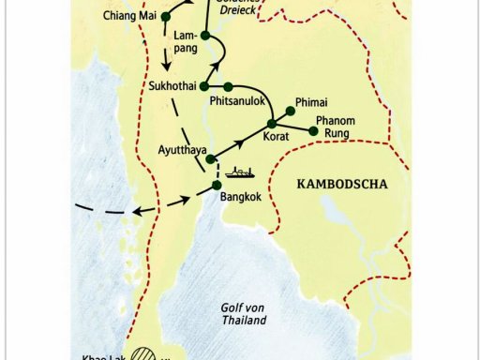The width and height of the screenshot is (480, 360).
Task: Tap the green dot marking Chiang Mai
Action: [166, 17]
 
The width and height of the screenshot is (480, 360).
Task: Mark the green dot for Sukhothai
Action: [204, 86]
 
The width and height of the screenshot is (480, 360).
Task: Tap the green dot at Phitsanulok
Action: [228, 87]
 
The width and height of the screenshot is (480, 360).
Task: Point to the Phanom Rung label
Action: [335, 127]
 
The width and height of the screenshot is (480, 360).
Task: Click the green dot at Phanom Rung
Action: [313, 130]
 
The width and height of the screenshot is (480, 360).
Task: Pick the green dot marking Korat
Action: [272, 124]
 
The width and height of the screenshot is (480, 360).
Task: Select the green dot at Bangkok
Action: [217, 185]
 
